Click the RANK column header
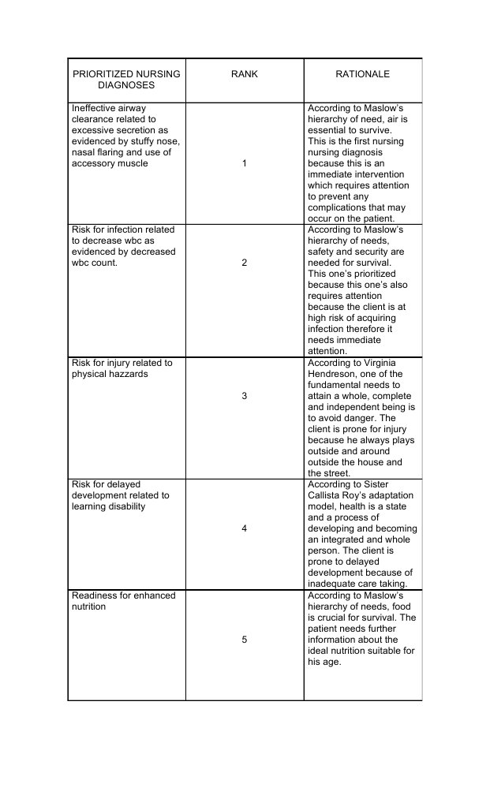(244, 74)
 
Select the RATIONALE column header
(363, 74)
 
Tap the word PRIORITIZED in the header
(103, 74)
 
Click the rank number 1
(244, 163)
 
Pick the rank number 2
(244, 263)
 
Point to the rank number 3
(244, 396)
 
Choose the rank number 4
(244, 528)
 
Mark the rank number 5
(244, 640)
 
